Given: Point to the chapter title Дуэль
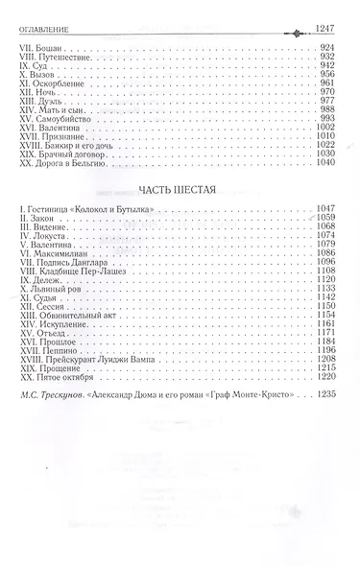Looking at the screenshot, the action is pos(48,104).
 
